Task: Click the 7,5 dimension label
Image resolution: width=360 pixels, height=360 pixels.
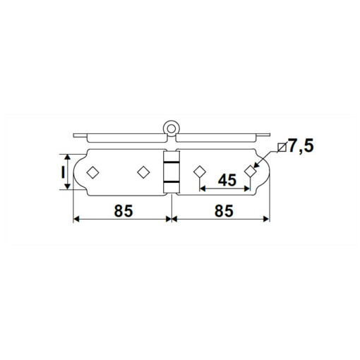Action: click(x=301, y=146)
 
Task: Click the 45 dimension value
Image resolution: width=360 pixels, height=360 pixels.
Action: click(x=227, y=180)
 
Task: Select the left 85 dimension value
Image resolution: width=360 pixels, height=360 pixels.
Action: click(x=124, y=211)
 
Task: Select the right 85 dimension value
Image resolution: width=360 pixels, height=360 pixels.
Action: click(x=224, y=211)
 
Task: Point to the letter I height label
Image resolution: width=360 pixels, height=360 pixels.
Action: click(x=63, y=172)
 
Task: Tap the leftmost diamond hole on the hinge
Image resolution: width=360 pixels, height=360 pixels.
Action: click(x=92, y=172)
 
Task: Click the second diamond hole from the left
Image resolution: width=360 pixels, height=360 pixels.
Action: click(x=143, y=172)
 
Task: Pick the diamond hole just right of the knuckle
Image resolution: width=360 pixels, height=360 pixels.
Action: click(x=200, y=172)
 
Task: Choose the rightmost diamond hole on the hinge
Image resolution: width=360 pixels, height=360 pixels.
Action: click(x=250, y=171)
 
